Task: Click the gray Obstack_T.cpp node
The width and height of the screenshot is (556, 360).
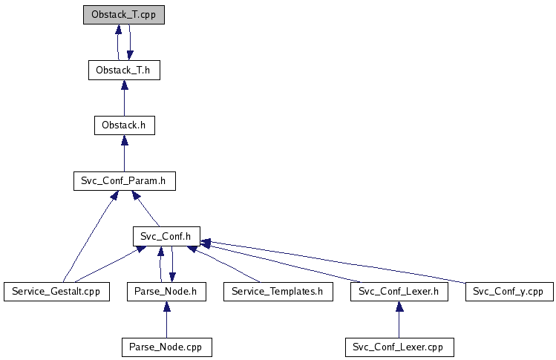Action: [123, 14]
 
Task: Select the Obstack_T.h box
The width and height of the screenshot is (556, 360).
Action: [123, 71]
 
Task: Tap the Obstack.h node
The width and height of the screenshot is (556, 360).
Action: [123, 125]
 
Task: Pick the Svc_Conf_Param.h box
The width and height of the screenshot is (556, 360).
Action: [123, 180]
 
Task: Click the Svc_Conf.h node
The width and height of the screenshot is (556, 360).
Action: [166, 237]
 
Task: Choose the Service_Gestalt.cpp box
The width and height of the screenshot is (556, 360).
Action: [56, 292]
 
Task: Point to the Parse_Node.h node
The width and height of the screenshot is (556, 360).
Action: [166, 292]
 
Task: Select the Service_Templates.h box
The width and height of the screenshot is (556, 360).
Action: [278, 292]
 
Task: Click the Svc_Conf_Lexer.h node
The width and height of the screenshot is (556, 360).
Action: [399, 292]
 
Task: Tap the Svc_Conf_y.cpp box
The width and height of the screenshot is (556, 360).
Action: [508, 292]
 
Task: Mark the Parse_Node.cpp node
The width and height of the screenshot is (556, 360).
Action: [166, 347]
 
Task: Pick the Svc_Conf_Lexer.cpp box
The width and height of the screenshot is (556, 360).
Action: [399, 347]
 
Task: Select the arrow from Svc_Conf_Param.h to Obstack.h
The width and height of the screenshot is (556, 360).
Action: [123, 153]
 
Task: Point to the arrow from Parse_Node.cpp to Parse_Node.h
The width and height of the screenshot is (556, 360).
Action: [166, 319]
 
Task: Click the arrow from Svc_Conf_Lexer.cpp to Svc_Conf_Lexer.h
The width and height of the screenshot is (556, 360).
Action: [399, 319]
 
